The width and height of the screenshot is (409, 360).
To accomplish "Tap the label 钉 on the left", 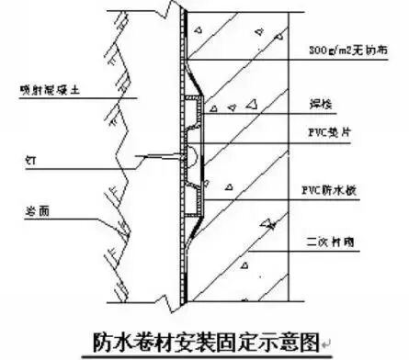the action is (29, 158).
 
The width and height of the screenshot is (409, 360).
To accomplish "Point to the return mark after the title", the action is (326, 346).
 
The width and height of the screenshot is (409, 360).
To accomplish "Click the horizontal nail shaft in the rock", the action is (156, 153).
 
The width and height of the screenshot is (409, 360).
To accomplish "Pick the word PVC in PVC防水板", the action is (324, 193).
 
